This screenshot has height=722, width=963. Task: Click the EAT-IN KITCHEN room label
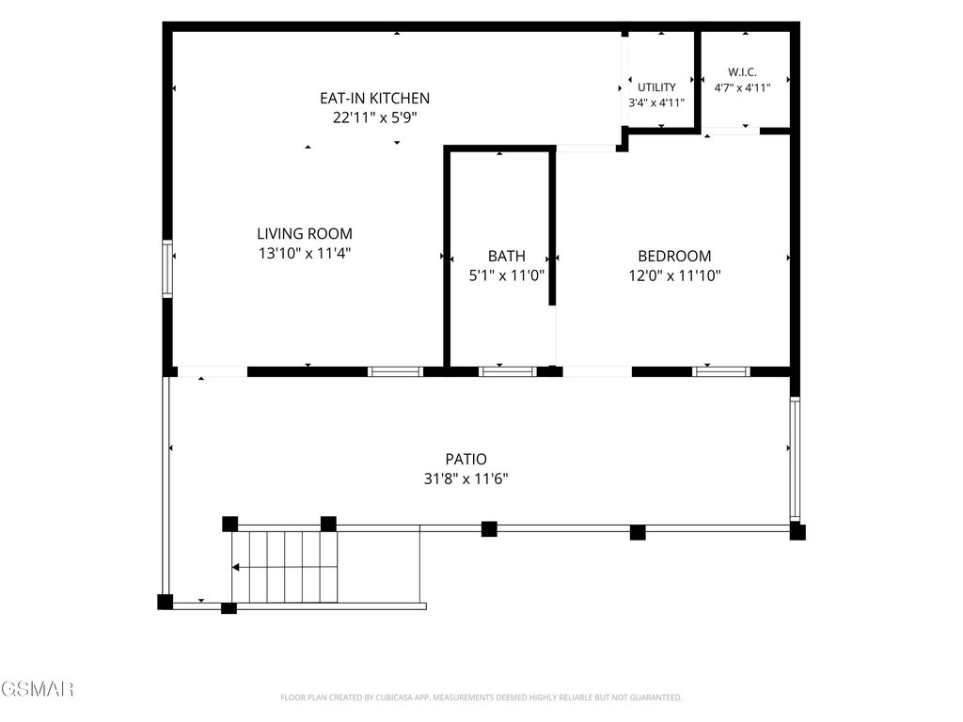pos(374,98)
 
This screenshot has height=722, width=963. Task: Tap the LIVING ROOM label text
pos(305,234)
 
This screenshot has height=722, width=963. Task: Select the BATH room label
pos(507,256)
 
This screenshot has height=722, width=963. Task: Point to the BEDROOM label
pos(674,256)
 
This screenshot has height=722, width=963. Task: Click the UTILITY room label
pos(656,87)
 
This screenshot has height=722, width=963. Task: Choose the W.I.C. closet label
pos(742,71)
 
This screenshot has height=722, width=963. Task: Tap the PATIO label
pos(466,459)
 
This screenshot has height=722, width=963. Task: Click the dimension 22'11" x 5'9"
pos(374,118)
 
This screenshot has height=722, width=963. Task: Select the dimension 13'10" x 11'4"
pos(305,254)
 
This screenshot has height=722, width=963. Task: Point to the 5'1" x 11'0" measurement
pos(507,275)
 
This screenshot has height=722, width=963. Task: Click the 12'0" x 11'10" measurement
pos(674,275)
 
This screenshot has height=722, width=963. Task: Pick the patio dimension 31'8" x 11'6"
pos(466,479)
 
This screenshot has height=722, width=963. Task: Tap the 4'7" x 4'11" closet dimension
pos(742,87)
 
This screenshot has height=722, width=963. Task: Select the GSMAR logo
pos(37,689)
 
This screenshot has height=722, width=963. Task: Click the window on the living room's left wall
pos(167,269)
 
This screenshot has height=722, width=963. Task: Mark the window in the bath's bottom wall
pos(507,371)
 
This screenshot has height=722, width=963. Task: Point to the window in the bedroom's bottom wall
pos(721,371)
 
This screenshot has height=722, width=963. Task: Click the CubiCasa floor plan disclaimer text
pos(481,698)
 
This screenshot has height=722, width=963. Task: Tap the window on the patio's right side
pos(795,459)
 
